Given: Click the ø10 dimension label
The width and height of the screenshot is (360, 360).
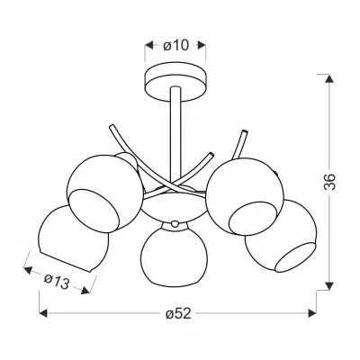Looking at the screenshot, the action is click(x=175, y=45).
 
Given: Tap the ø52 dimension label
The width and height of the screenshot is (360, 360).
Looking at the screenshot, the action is click(x=178, y=314).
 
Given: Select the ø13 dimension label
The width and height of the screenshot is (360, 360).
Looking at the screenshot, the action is click(x=57, y=282).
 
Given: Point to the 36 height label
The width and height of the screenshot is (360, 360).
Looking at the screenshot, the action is click(x=329, y=182).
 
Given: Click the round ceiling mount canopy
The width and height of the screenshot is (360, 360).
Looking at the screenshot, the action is click(x=175, y=81).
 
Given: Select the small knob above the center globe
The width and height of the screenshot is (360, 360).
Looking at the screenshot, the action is click(x=174, y=223).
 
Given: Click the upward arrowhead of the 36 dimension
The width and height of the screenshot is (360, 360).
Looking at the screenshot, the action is click(x=329, y=78).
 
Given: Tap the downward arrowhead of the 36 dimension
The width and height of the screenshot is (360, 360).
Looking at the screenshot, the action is click(x=329, y=285).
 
